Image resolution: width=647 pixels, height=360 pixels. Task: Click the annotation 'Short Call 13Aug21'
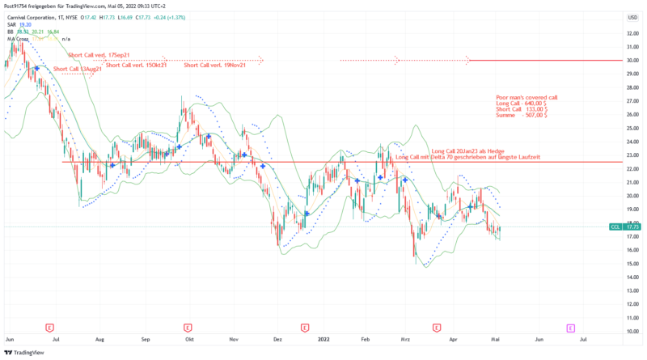78,70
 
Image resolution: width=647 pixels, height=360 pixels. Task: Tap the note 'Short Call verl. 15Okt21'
136,65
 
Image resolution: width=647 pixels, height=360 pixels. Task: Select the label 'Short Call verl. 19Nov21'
214,65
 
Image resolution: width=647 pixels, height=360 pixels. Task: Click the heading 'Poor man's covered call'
526,97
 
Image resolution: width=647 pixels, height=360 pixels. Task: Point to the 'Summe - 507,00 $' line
522,116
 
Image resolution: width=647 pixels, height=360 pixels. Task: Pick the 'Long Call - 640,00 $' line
522,104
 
